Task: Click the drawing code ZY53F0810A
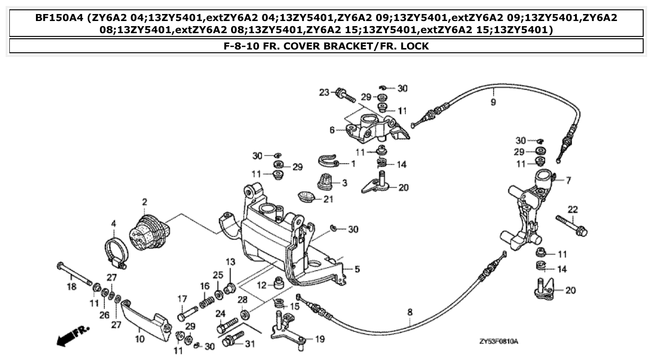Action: click(x=499, y=342)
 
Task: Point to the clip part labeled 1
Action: click(x=330, y=161)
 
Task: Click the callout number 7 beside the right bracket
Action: click(x=568, y=181)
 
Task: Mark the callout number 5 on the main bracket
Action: click(x=357, y=269)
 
